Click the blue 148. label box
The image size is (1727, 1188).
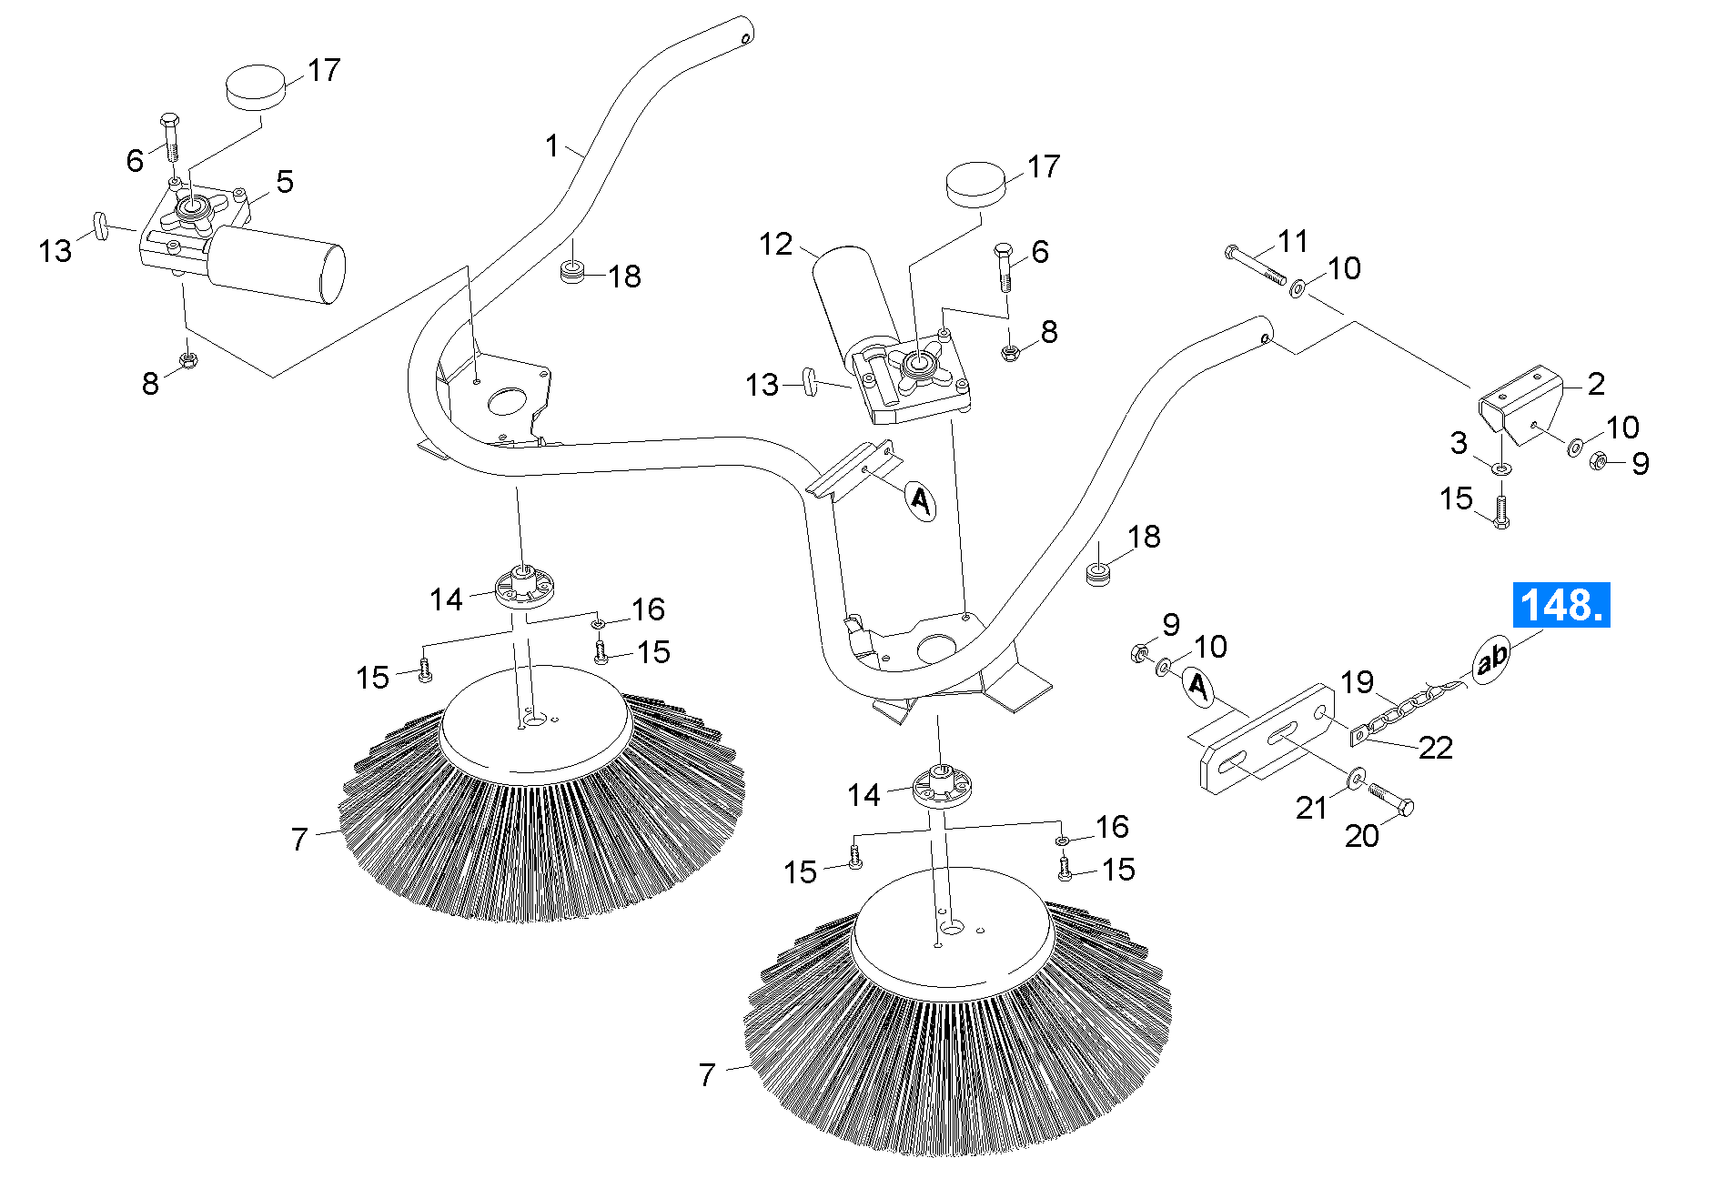point(1560,605)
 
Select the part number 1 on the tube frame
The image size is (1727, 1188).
point(551,146)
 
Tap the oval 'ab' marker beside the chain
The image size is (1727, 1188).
point(1491,659)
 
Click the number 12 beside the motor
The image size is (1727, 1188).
point(775,244)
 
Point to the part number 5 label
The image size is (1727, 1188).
point(285,182)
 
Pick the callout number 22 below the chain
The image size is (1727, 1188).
point(1435,748)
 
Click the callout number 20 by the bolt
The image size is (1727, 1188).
point(1361,836)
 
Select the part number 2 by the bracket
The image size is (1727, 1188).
point(1596,384)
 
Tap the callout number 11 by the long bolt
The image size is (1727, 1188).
point(1293,242)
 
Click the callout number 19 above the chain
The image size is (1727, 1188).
point(1357,682)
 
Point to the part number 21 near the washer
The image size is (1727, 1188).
point(1311,807)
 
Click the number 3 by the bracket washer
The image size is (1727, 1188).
point(1459,443)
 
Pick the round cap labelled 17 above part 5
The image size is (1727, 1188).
point(256,86)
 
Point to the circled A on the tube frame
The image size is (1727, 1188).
point(921,500)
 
